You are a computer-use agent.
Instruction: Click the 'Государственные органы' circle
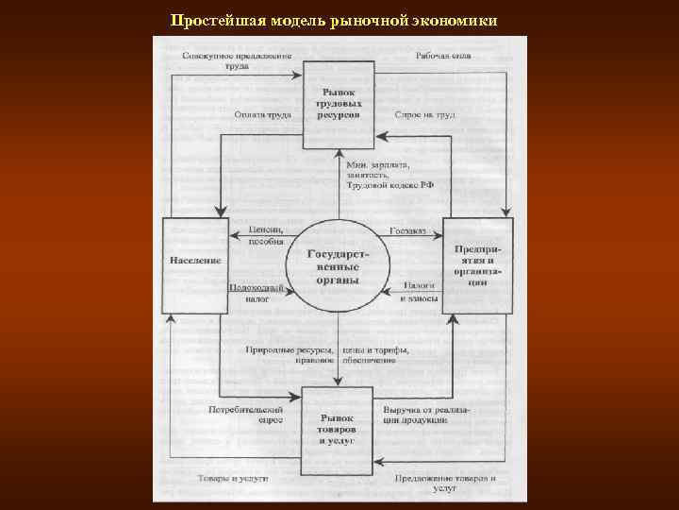(337, 266)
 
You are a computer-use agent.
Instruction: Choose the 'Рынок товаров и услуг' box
(337, 430)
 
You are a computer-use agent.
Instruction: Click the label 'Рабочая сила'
(443, 56)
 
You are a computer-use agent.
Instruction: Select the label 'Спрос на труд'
(424, 115)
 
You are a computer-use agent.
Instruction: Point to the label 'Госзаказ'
(408, 230)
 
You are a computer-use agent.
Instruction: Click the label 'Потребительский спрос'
(246, 416)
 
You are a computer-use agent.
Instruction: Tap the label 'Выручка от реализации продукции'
(426, 416)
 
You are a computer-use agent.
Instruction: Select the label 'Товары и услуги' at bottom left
(233, 480)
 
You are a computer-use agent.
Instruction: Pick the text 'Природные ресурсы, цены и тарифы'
(326, 355)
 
